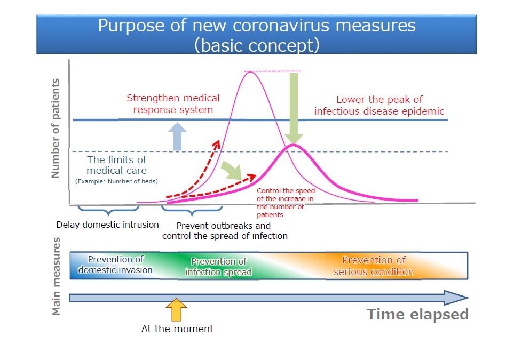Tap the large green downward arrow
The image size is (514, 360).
[x=294, y=108]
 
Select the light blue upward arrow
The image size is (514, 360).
[x=177, y=137]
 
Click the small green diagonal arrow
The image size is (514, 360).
[x=232, y=171]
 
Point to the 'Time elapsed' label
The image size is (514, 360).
[x=417, y=314]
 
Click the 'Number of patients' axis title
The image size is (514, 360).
[x=56, y=128]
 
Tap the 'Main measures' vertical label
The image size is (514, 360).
[x=56, y=276]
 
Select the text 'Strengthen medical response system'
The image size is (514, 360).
[x=173, y=103]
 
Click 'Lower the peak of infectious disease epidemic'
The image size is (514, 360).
[x=379, y=105]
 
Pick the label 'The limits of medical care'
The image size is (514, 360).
[x=116, y=165]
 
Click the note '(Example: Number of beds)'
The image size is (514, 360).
[x=116, y=181]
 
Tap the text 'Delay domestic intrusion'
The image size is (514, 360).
[x=107, y=225]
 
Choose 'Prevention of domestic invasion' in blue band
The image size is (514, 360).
[x=115, y=265]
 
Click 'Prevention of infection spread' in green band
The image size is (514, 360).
[x=219, y=267]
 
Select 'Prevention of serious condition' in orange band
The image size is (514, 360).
[x=374, y=266]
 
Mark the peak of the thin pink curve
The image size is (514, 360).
[x=250, y=72]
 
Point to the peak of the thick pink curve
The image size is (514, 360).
[x=294, y=145]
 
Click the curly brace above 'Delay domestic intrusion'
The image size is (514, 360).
[x=108, y=211]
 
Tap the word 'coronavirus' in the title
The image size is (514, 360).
[x=281, y=26]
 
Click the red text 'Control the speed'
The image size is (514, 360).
[x=286, y=190]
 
